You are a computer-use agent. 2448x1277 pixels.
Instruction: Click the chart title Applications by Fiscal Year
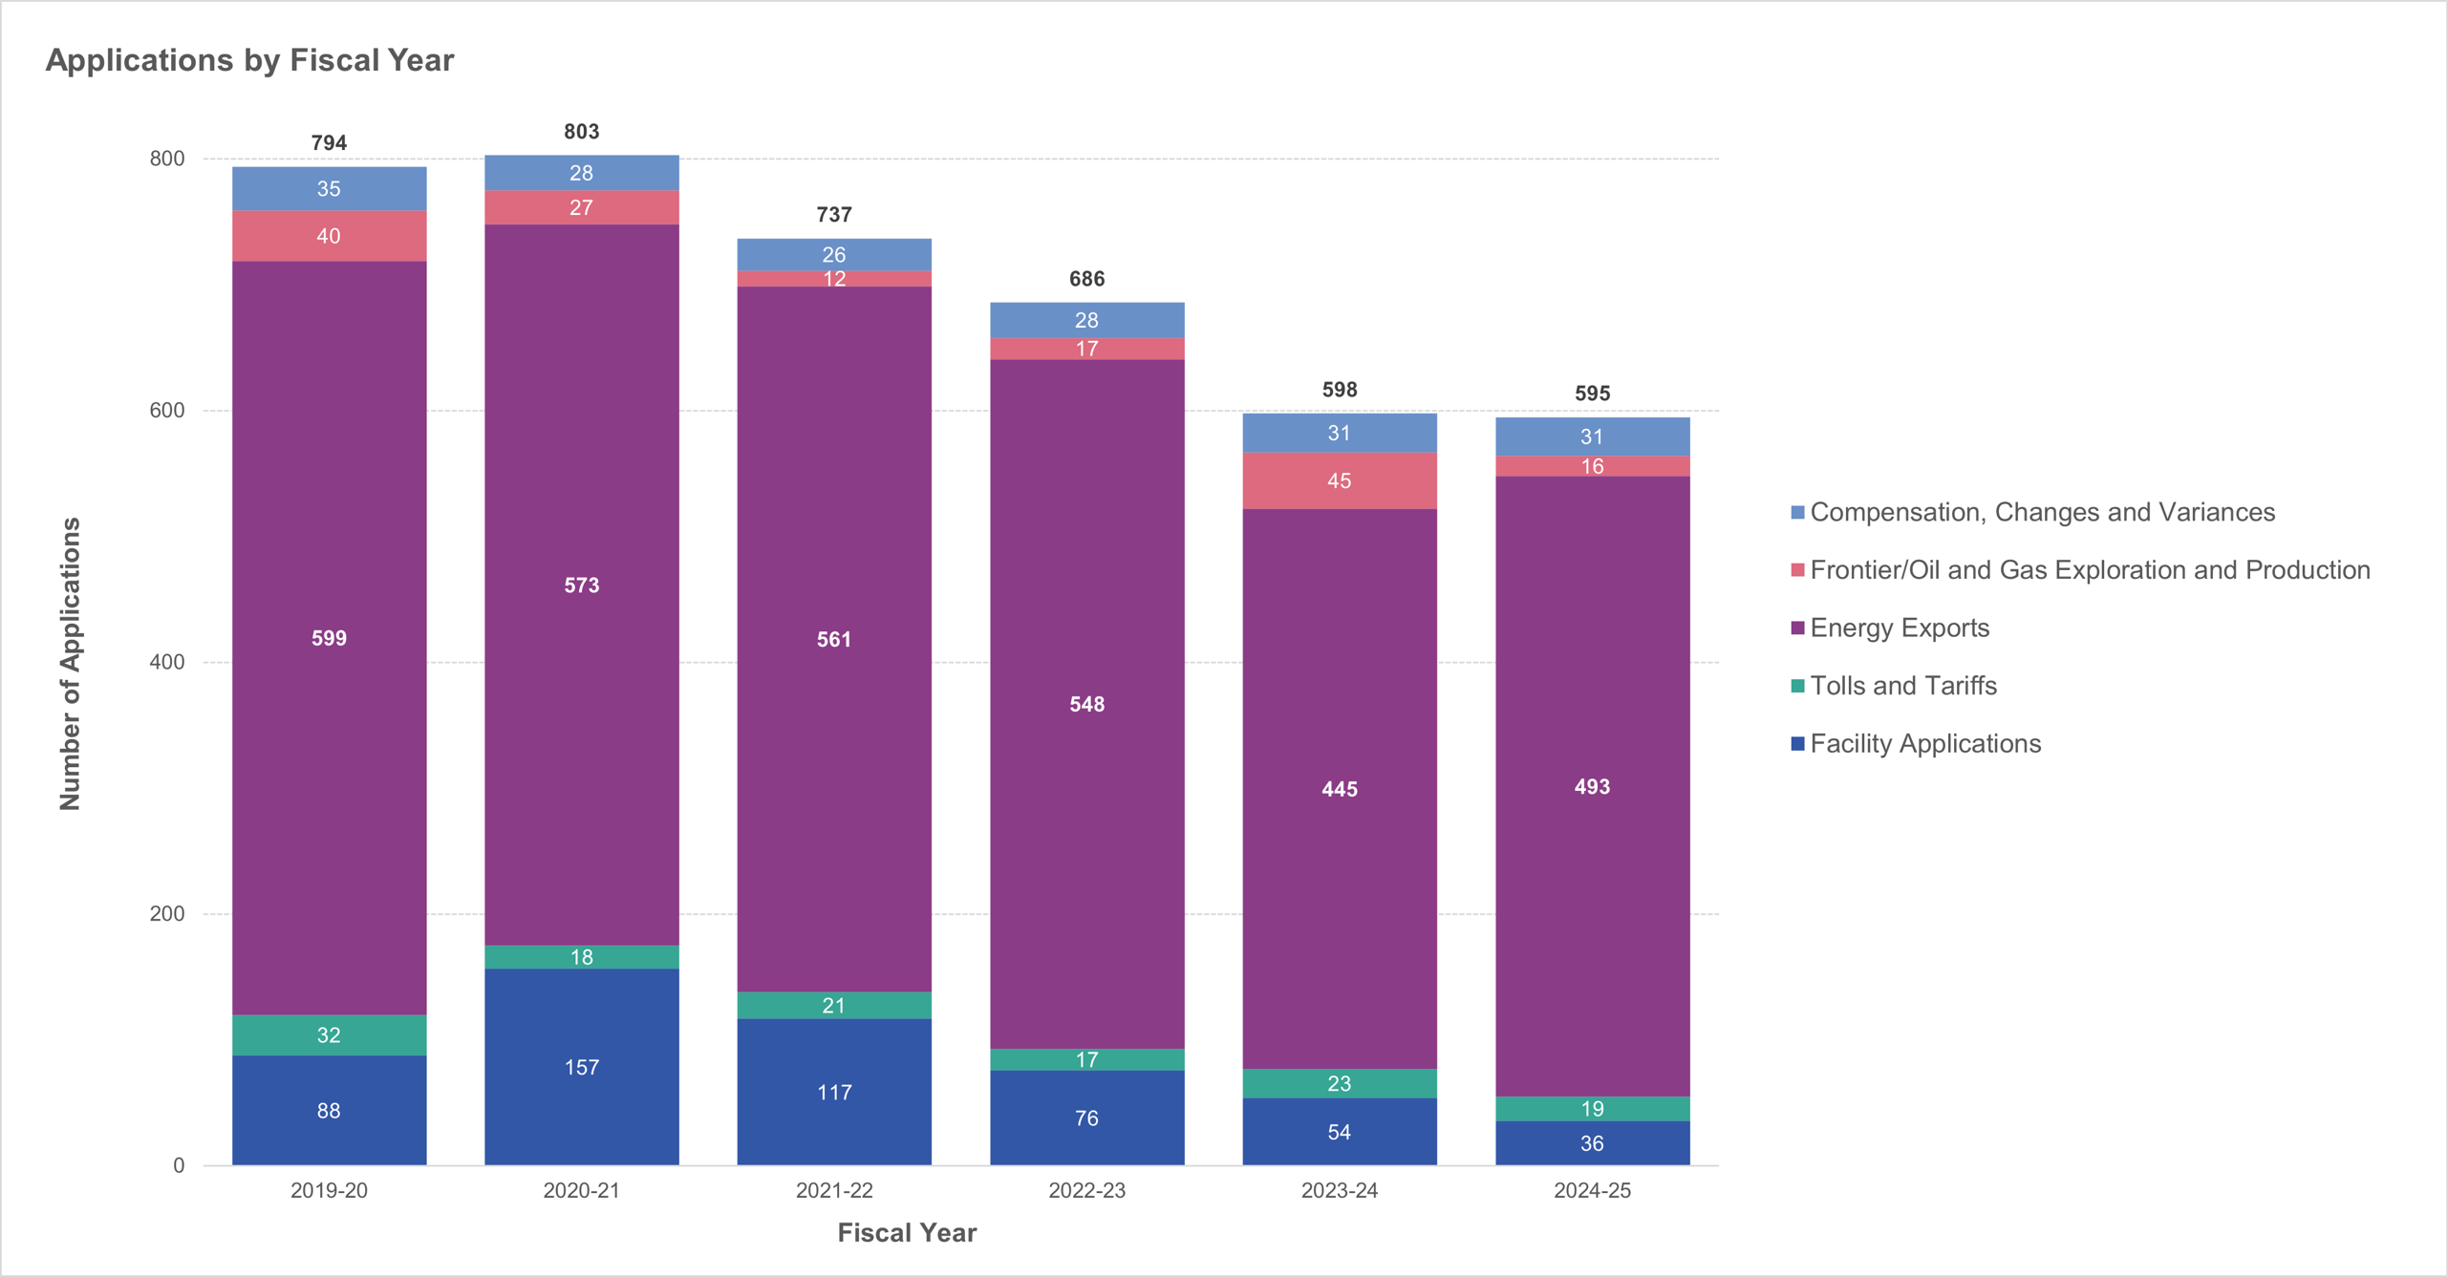(x=249, y=60)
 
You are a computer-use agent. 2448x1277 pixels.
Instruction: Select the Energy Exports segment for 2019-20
(x=329, y=638)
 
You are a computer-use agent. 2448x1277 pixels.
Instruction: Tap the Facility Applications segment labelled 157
(x=581, y=1067)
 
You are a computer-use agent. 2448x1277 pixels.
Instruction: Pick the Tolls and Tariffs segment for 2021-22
(x=833, y=1006)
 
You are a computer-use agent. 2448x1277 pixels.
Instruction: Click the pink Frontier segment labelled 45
(x=1339, y=480)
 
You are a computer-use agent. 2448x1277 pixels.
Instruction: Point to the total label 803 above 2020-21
(x=581, y=132)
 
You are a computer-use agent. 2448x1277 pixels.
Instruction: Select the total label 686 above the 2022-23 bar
(x=1086, y=279)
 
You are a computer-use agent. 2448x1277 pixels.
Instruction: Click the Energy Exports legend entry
(x=1899, y=628)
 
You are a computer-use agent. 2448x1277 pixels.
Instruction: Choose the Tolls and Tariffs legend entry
(x=1902, y=686)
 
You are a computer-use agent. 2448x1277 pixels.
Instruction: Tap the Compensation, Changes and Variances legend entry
(x=2042, y=513)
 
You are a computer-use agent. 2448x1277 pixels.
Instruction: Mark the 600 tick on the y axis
(x=167, y=411)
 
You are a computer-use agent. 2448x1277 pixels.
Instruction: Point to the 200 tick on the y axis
(x=167, y=914)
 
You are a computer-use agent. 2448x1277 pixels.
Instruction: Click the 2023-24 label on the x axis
(x=1339, y=1190)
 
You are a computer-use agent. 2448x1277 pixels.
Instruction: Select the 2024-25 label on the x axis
(x=1592, y=1190)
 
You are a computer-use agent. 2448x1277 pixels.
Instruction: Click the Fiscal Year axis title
(x=907, y=1233)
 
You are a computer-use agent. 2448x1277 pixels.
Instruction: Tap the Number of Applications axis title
(x=70, y=664)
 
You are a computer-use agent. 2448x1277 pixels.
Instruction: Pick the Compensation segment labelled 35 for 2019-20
(x=329, y=189)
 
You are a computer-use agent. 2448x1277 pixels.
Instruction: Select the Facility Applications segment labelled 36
(x=1592, y=1143)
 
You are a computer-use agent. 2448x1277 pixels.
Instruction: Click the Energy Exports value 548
(x=1086, y=705)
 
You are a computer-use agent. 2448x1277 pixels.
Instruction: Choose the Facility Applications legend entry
(x=1924, y=744)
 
